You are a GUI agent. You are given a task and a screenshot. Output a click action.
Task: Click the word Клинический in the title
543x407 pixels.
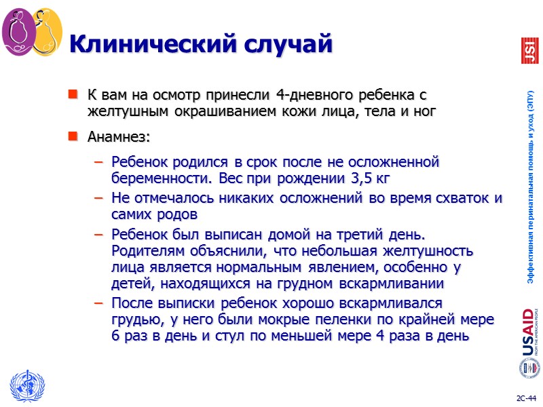coord(149,45)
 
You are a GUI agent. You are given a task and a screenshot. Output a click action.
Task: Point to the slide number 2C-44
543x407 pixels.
coord(524,398)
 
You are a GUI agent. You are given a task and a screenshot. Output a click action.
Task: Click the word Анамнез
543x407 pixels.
coord(119,137)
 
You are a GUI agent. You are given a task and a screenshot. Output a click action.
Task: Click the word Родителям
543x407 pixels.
coord(147,251)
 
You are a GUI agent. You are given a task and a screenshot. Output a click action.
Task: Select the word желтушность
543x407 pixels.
coord(435,251)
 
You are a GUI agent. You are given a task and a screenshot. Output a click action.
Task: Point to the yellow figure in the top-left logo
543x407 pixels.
coord(46,34)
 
